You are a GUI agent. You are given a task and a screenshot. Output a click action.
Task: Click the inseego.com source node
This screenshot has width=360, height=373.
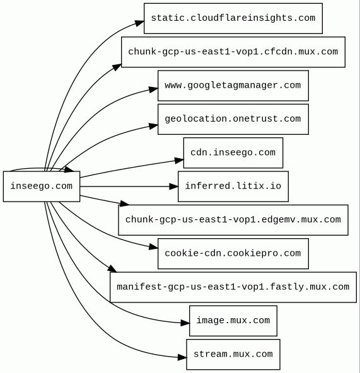click(42, 186)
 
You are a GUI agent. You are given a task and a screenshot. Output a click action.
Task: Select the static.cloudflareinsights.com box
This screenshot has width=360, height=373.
click(233, 18)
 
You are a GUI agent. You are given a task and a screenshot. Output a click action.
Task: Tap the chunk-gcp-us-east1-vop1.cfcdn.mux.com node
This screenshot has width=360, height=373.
click(233, 52)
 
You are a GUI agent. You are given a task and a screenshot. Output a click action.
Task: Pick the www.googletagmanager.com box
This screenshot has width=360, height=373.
click(233, 86)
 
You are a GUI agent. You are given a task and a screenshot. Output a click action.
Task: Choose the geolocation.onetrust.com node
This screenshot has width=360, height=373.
click(233, 119)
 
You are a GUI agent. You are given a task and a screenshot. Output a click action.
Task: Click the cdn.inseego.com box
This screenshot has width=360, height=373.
click(233, 152)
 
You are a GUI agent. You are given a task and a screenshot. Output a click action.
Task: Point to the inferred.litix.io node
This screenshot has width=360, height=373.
click(233, 186)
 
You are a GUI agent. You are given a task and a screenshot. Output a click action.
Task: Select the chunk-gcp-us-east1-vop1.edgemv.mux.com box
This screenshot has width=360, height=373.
click(233, 220)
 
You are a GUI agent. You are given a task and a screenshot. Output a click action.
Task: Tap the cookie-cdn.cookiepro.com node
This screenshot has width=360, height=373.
click(233, 253)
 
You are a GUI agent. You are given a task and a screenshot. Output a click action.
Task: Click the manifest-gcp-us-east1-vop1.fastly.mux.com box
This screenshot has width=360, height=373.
click(233, 287)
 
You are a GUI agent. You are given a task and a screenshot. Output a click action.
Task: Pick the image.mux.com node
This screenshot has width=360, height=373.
click(233, 321)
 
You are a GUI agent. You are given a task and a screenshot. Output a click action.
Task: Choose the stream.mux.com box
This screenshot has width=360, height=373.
click(233, 355)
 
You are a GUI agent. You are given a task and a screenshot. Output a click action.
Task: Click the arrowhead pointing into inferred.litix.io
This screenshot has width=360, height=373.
click(173, 186)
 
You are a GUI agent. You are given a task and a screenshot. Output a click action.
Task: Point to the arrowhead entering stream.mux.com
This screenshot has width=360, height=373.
click(182, 357)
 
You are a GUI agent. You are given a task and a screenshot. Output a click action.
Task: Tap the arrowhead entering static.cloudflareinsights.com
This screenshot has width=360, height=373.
click(139, 23)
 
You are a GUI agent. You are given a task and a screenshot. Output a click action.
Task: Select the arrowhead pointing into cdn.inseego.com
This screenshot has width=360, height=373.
click(179, 160)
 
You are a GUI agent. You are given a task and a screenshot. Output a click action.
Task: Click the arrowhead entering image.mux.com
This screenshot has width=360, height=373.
click(185, 323)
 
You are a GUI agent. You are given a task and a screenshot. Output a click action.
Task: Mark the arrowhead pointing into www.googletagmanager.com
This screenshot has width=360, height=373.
click(154, 89)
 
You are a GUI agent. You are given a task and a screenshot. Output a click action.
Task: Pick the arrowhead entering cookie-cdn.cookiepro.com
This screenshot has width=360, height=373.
click(154, 247)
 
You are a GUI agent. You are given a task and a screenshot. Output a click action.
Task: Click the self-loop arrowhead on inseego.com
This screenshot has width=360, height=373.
click(69, 169)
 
